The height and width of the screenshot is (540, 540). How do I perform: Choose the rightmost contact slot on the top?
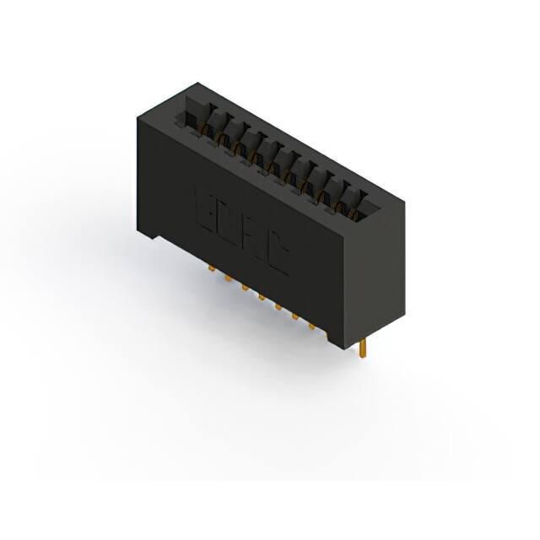[x=365, y=200]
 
